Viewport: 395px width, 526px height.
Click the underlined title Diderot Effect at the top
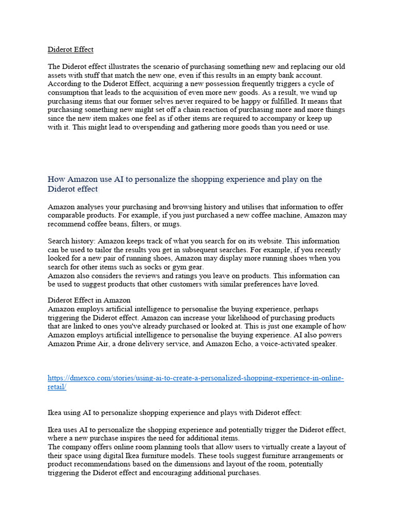[x=70, y=50]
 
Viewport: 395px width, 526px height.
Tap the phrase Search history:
[x=71, y=241]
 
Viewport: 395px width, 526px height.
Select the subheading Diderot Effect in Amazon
[x=89, y=300]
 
